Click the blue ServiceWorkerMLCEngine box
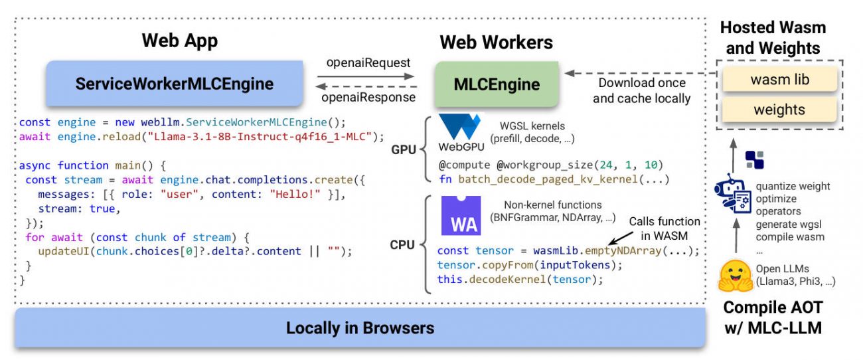pos(175,84)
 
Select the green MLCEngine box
pos(496,84)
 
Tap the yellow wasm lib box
pos(779,80)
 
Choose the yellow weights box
pos(779,110)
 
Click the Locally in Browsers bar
pos(360,327)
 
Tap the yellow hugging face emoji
pos(735,275)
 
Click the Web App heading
pos(180,41)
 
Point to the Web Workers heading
pos(496,42)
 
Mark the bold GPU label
pos(404,150)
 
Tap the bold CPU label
pos(402,245)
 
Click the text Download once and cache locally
pos(641,91)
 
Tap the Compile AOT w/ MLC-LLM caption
pos(772,317)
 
